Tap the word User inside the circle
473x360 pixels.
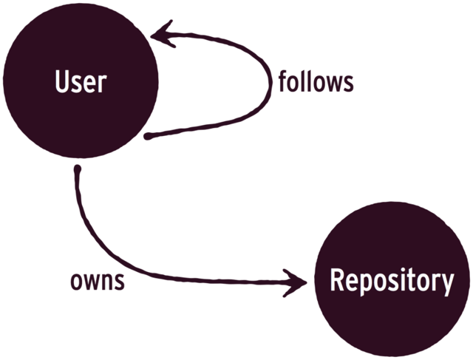pyautogui.click(x=81, y=81)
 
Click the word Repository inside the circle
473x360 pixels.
pyautogui.click(x=391, y=280)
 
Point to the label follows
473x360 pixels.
pyautogui.click(x=316, y=81)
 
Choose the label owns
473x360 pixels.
pyautogui.click(x=97, y=281)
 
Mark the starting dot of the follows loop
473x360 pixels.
pyautogui.click(x=148, y=137)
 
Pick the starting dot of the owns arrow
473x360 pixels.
pyautogui.click(x=77, y=170)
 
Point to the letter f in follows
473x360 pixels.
pyautogui.click(x=282, y=81)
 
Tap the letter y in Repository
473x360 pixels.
pyautogui.click(x=446, y=283)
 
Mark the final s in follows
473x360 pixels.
pyautogui.click(x=349, y=83)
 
